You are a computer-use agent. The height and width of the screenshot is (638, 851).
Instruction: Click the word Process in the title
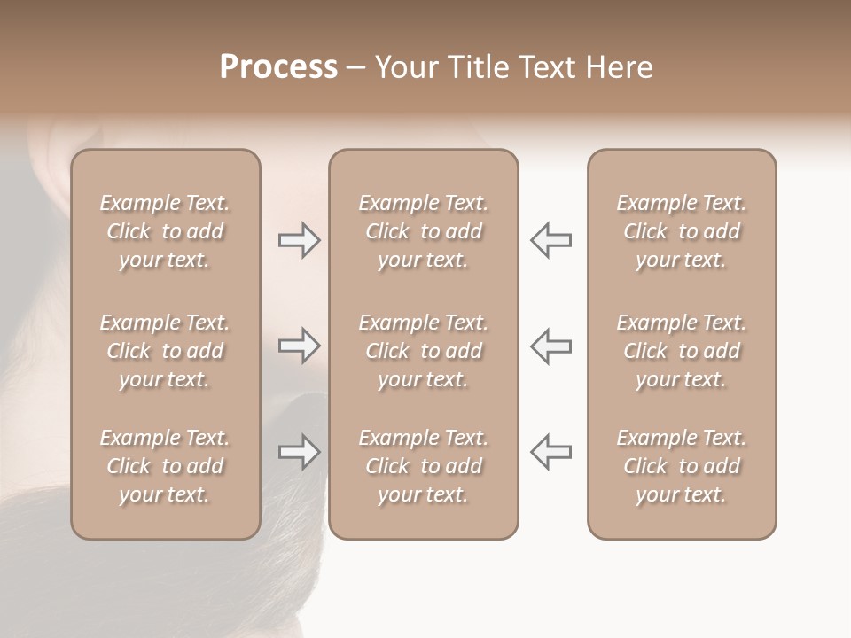tap(278, 67)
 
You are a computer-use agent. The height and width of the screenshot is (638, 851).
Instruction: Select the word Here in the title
tap(618, 67)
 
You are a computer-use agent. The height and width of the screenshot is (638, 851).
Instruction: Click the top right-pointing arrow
tap(300, 240)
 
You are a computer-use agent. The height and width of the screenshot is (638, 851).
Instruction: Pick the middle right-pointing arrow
tap(300, 345)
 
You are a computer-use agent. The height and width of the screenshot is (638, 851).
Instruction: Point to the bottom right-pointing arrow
tap(300, 452)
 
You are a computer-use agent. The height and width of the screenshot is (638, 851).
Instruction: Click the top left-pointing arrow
tap(550, 240)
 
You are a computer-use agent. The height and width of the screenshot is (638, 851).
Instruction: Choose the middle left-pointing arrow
tap(550, 345)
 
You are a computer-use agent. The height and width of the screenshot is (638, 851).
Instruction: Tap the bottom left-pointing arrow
tap(550, 452)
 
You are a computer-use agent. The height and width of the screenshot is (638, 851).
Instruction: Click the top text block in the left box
tap(165, 231)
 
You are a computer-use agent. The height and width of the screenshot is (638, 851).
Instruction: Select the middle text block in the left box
tap(165, 351)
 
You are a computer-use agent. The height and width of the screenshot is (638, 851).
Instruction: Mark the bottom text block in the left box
tap(165, 466)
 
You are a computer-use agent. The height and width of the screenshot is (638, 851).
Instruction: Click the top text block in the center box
tap(423, 231)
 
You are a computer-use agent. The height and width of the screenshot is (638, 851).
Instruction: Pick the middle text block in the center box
tap(423, 351)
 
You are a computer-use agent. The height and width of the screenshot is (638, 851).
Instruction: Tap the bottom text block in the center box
tap(423, 466)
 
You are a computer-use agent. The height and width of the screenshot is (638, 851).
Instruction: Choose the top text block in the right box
tap(681, 231)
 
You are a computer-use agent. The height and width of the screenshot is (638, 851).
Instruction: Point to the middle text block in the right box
tap(681, 351)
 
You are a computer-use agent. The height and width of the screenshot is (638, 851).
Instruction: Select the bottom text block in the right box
tap(681, 466)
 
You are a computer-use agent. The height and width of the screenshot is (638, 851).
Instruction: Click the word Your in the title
tap(403, 67)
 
